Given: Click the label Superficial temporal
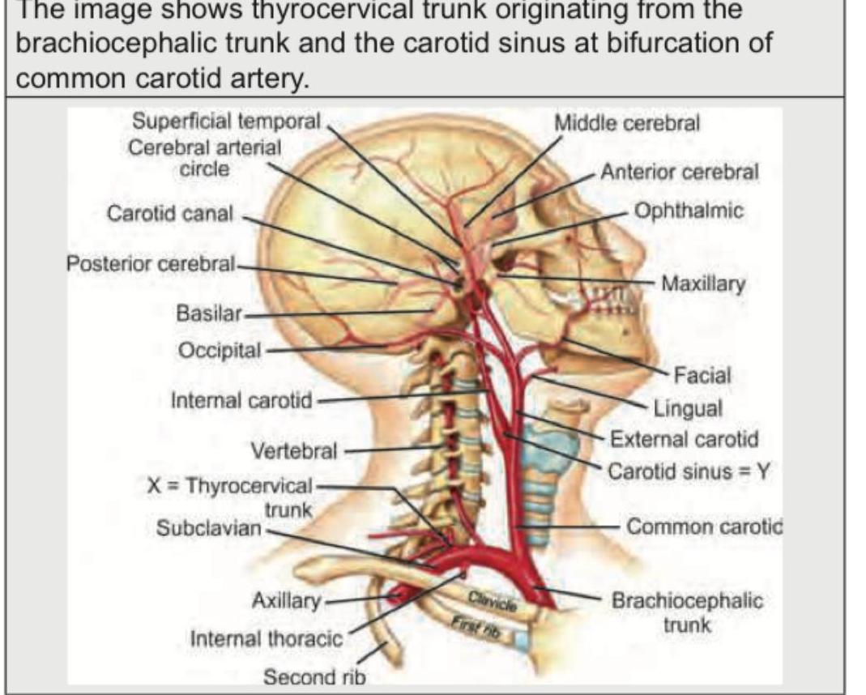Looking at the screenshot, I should point(226,122).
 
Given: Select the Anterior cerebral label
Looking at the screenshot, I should point(680,172).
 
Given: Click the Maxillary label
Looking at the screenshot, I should point(703,284).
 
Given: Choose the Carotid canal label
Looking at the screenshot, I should point(170,214).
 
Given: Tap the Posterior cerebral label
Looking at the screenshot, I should point(151,264).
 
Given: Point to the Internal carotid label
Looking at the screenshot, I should point(241,400).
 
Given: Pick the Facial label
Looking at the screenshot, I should point(702,376).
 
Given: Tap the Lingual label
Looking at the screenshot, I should point(688,408).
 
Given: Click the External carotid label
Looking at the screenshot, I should point(684,439).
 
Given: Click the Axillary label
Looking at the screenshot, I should point(286,600).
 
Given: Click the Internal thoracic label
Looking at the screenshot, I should point(267,638).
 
